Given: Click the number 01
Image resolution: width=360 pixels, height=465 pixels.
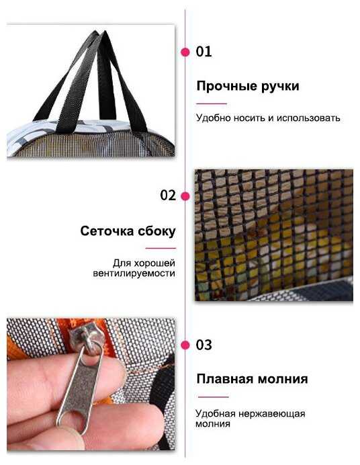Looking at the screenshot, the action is [x=204, y=52].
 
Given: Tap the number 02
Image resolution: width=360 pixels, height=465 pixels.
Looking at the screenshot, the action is [x=168, y=196].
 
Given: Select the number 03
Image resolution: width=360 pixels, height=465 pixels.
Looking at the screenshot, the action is [x=204, y=345].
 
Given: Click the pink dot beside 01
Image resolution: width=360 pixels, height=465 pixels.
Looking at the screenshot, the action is [x=185, y=52].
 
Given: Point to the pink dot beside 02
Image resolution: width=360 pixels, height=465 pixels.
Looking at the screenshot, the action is [x=185, y=196].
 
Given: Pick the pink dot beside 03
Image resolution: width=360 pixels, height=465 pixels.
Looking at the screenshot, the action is [x=185, y=345].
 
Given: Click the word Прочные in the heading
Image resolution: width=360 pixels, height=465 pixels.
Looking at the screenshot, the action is [x=226, y=86].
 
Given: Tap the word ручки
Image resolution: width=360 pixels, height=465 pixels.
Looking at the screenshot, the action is [x=280, y=87].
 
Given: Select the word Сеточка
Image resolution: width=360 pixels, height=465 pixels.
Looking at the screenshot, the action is [x=106, y=231].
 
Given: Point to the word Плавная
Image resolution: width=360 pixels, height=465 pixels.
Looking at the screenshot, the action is [x=225, y=379].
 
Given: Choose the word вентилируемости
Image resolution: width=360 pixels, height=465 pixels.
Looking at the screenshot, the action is [x=134, y=273].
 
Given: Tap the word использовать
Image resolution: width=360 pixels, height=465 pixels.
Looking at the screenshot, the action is [x=308, y=118].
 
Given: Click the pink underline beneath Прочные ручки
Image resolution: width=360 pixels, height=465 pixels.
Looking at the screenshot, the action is [x=212, y=103].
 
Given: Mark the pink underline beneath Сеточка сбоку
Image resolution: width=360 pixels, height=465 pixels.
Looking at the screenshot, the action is [x=161, y=248].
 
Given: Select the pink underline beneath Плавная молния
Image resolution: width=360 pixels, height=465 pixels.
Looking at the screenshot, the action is [x=214, y=396].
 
